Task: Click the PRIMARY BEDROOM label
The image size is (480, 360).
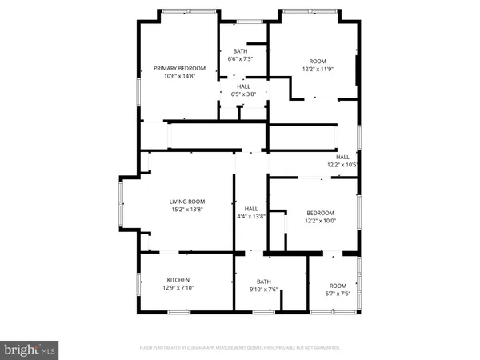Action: [180, 69]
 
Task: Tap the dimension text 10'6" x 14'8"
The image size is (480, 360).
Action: [180, 77]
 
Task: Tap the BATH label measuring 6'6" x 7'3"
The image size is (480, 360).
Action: [240, 50]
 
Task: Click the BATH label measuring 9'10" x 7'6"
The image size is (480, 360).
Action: [264, 281]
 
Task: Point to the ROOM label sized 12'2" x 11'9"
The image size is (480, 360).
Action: [318, 61]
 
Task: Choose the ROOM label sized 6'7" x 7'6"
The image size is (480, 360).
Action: [338, 285]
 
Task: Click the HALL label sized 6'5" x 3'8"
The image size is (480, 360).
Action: [243, 86]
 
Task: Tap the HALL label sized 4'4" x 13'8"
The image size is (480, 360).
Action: [250, 208]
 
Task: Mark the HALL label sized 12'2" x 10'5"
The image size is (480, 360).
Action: [342, 157]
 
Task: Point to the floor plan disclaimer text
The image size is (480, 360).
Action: [239, 348]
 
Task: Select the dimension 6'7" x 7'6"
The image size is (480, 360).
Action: [338, 293]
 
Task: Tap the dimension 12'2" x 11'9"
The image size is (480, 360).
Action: [318, 69]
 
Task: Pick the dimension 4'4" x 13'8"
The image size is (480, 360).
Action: [250, 216]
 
